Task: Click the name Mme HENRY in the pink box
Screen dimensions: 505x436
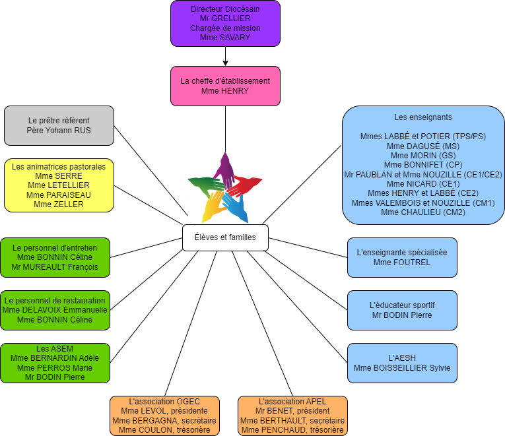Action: [x=225, y=91]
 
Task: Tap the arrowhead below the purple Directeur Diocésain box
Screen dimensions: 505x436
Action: [x=226, y=63]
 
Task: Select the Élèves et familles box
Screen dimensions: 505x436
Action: [x=226, y=237]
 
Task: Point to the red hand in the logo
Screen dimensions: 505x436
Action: [x=244, y=186]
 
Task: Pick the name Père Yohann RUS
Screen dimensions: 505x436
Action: [x=59, y=131]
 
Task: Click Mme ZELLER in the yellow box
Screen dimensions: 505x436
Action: [x=59, y=204]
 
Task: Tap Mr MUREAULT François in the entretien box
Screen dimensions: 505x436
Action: [x=55, y=267]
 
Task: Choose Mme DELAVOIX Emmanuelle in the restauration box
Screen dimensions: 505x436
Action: [x=55, y=310]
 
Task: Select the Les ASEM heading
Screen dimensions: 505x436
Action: [x=55, y=348]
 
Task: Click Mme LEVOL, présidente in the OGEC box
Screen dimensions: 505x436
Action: [x=164, y=411]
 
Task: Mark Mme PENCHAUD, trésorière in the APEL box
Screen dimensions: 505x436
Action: [x=292, y=430]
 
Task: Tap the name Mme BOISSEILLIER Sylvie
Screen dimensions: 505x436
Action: [x=402, y=368]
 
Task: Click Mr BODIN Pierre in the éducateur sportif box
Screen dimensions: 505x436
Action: [x=402, y=315]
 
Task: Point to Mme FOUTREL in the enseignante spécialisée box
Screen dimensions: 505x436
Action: [x=402, y=263]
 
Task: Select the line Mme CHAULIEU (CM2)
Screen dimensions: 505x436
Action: [x=423, y=212]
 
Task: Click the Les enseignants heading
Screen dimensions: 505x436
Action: [x=423, y=117]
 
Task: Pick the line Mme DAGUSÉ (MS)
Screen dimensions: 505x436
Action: [x=423, y=146]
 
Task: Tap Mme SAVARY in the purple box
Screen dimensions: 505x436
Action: [x=225, y=38]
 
